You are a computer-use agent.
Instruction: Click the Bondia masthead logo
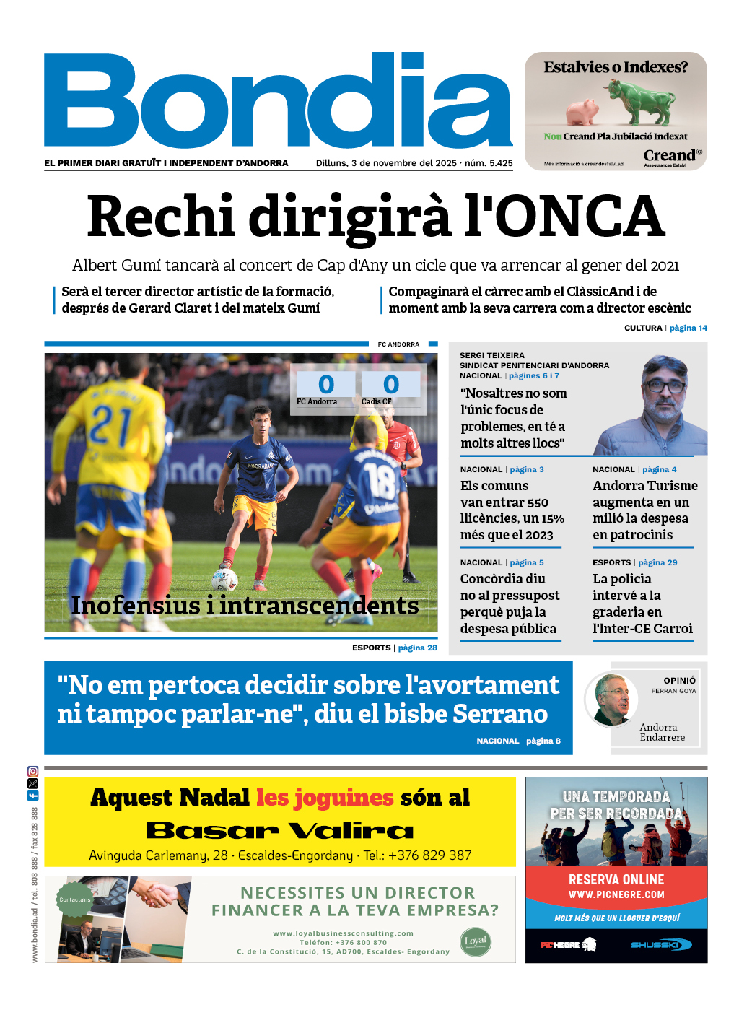278,101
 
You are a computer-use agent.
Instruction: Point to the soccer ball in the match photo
224,578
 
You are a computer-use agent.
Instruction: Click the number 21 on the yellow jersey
110,425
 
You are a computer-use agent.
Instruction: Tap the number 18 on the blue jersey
380,481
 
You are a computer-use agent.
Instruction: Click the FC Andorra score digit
326,384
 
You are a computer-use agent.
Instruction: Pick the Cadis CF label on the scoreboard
376,401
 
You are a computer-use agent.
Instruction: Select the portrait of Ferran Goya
611,698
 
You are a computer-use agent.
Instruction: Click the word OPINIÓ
680,680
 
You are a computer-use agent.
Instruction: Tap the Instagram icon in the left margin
32,771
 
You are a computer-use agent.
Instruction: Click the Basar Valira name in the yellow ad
280,830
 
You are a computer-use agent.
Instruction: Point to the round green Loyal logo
476,941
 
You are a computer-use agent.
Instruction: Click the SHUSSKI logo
660,944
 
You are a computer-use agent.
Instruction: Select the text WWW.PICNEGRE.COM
616,894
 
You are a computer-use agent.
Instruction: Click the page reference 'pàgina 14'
688,328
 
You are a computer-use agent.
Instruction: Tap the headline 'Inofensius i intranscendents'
245,606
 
